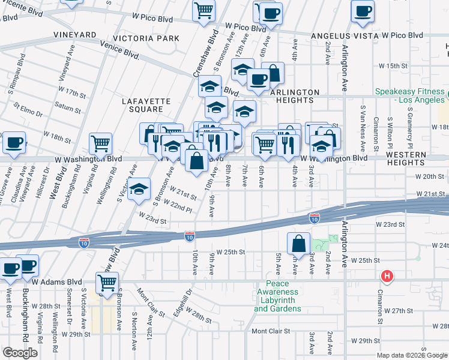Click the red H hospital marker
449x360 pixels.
pyautogui.click(x=388, y=276)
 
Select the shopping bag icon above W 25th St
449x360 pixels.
pyautogui.click(x=298, y=244)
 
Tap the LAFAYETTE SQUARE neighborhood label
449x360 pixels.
pyautogui.click(x=143, y=105)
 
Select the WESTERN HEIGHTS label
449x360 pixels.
pyautogui.click(x=406, y=158)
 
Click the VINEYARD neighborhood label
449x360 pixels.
pyautogui.click(x=74, y=35)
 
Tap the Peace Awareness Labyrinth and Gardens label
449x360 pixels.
pyautogui.click(x=277, y=296)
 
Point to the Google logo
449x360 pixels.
pyautogui.click(x=20, y=353)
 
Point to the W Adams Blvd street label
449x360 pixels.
pyautogui.click(x=57, y=281)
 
